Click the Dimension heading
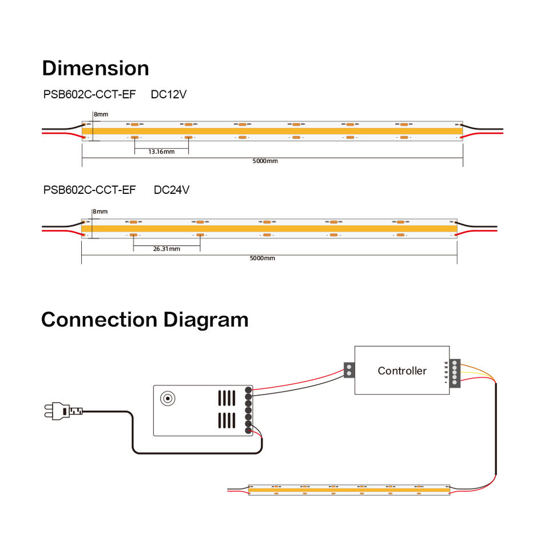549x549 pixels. [x=96, y=68]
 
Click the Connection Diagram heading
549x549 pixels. [x=145, y=319]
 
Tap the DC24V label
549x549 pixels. [x=171, y=189]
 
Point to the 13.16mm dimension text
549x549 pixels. [x=161, y=152]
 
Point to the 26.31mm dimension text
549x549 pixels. [x=166, y=249]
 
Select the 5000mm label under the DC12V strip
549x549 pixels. [x=265, y=161]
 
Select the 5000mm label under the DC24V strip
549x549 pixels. [x=262, y=258]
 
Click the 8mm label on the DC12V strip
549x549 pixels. [x=101, y=114]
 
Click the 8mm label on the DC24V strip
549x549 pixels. [x=100, y=212]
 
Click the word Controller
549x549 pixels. [x=402, y=371]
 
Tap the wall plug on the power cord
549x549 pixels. [x=57, y=410]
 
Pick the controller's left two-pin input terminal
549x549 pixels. [x=348, y=369]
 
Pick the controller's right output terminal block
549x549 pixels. [x=455, y=373]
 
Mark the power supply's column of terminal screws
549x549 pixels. [x=249, y=411]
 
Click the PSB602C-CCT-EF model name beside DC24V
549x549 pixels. [x=89, y=189]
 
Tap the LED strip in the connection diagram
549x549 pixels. [x=349, y=490]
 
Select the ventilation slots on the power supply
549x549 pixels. [x=227, y=409]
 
